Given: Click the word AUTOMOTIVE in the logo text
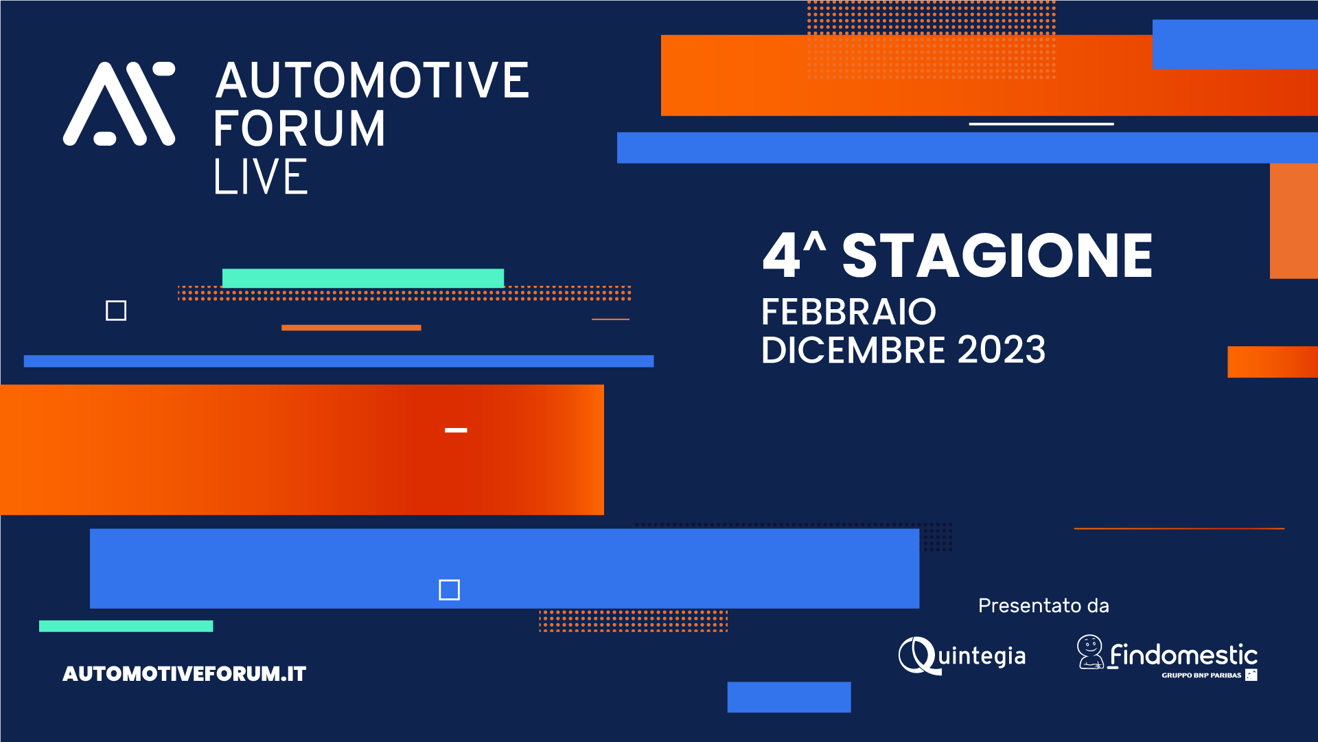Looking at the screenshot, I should click(372, 80).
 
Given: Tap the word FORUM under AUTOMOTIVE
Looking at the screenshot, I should click(299, 128).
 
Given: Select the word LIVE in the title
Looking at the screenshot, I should click(261, 177).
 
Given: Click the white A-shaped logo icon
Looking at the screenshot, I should click(119, 104).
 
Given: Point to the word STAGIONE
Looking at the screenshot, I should click(997, 256).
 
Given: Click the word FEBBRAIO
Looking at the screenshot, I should click(848, 312).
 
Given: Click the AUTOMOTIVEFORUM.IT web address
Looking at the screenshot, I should click(184, 673).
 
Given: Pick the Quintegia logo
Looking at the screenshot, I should click(962, 655).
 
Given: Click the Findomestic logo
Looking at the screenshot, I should click(1167, 657).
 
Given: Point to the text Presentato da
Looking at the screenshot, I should click(1043, 605).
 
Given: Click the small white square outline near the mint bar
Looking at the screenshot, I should click(116, 311).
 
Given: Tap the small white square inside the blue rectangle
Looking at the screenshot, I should click(449, 589).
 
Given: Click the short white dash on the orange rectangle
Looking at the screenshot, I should click(456, 430).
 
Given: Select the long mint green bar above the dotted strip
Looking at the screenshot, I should click(362, 278).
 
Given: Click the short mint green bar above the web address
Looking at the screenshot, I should click(126, 626).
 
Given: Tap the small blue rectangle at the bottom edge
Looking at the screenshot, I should click(789, 697).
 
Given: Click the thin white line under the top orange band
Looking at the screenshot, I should click(1041, 124).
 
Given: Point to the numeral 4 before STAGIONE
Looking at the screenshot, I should click(781, 256).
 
